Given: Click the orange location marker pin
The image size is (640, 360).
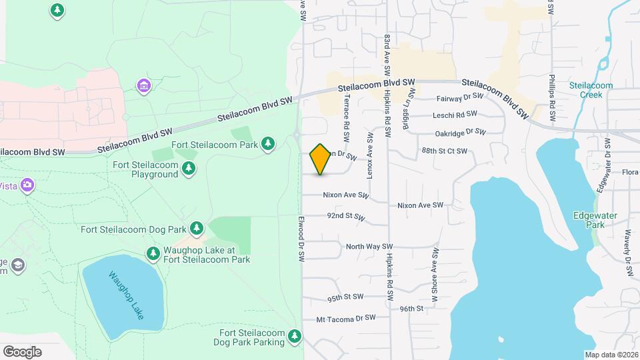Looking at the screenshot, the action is (321, 159).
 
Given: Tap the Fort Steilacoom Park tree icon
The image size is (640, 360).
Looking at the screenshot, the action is (268, 143).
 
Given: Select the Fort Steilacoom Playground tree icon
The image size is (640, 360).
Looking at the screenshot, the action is (189, 169).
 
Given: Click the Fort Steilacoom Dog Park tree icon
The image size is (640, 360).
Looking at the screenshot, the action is (197, 229).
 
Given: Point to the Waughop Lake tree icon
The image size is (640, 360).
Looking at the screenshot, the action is (153, 254).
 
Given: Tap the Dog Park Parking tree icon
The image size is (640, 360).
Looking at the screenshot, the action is (295, 335).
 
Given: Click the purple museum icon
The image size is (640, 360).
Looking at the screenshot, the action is (143, 86).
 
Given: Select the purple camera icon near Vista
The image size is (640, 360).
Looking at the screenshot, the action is (27, 185).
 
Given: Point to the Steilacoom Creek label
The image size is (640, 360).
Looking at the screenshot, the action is (586, 90).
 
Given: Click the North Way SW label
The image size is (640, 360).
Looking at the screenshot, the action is (369, 247).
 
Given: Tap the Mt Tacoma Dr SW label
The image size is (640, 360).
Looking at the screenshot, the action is (346, 319).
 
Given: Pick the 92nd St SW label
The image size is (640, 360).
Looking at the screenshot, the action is (346, 217).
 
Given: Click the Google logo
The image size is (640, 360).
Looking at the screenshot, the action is (22, 352).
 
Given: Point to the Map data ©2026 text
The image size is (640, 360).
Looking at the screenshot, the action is (611, 355).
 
